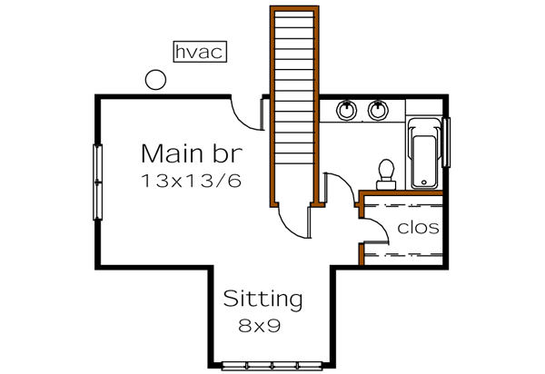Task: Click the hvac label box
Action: point(198,52)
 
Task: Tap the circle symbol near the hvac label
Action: point(156,81)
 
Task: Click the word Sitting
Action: point(263,298)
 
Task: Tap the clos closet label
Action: point(418,228)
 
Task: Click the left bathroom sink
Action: point(346,111)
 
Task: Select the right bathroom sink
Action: point(378,111)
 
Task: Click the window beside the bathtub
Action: point(447,140)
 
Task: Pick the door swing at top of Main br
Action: point(247,113)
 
